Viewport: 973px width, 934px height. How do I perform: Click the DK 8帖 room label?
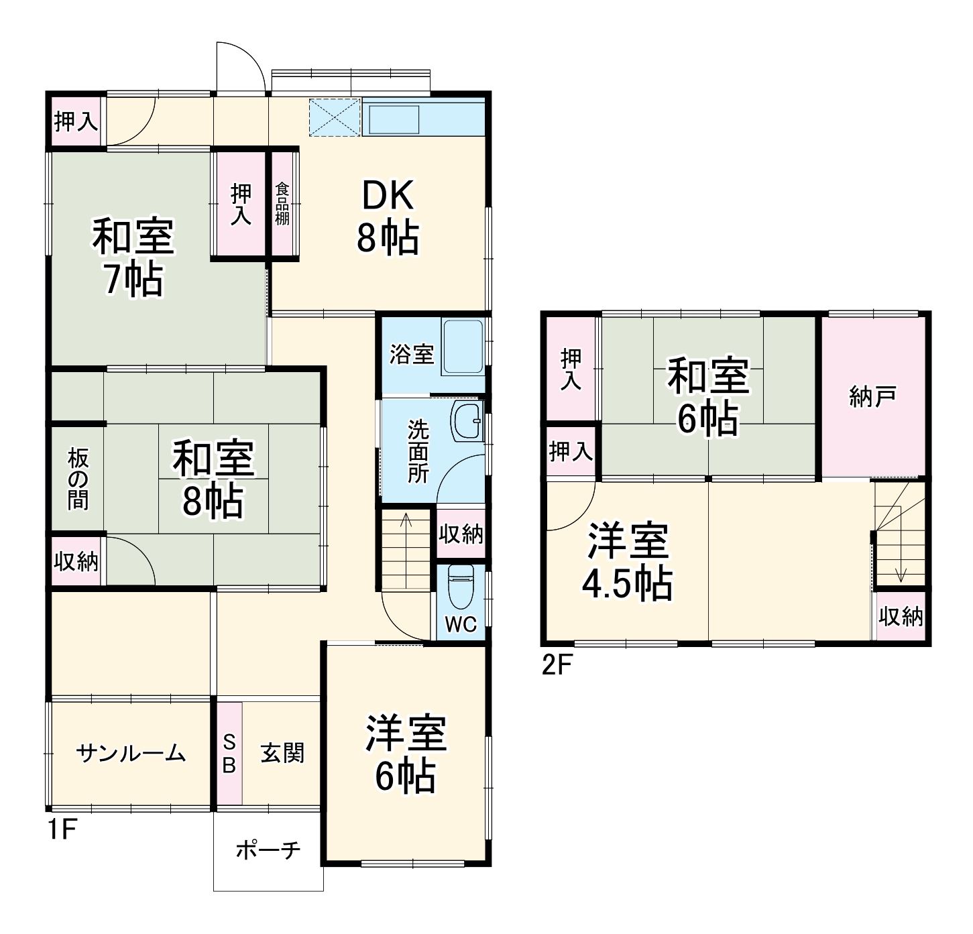pyautogui.click(x=388, y=217)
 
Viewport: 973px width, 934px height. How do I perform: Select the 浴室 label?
pyautogui.click(x=411, y=355)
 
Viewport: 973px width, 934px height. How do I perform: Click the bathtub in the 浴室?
pyautogui.click(x=463, y=347)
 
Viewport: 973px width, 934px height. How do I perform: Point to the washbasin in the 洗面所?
pyautogui.click(x=467, y=421)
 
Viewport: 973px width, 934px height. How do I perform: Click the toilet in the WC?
pyautogui.click(x=461, y=587)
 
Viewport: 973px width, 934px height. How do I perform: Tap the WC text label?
pyautogui.click(x=461, y=624)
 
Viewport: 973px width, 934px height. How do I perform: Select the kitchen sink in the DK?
pyautogui.click(x=394, y=120)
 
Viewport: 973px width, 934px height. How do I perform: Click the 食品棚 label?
pyautogui.click(x=282, y=204)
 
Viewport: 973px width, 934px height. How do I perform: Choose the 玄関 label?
pyautogui.click(x=282, y=753)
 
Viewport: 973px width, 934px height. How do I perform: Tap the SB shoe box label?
pyautogui.click(x=229, y=753)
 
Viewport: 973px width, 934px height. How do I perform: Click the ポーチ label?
pyautogui.click(x=268, y=850)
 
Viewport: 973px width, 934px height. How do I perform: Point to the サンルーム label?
pyautogui.click(x=131, y=753)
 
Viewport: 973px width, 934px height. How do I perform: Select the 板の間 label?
pyautogui.click(x=78, y=479)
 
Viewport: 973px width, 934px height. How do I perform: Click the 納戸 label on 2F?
pyautogui.click(x=872, y=397)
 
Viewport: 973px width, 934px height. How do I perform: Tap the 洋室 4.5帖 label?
pyautogui.click(x=628, y=561)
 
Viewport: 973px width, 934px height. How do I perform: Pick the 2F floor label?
pyautogui.click(x=557, y=665)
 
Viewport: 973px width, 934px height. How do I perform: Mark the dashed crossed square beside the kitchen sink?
pyautogui.click(x=335, y=117)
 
